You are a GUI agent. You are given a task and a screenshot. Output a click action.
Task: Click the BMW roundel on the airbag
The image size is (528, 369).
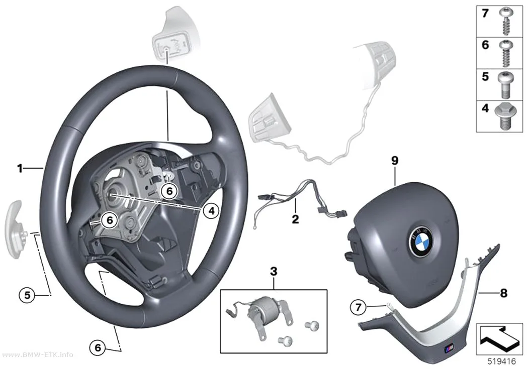pyautogui.click(x=420, y=240)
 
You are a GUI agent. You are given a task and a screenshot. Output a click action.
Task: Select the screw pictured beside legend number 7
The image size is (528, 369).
pyautogui.click(x=504, y=22)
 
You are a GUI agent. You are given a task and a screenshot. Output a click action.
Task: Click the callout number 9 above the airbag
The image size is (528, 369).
pyautogui.click(x=395, y=161)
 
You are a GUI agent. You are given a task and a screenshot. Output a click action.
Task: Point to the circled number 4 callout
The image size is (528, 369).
pyautogui.click(x=211, y=211)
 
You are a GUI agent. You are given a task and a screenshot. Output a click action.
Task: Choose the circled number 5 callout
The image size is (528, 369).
pyautogui.click(x=27, y=295)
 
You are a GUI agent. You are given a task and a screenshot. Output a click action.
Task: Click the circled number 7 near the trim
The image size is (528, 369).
pyautogui.click(x=358, y=307)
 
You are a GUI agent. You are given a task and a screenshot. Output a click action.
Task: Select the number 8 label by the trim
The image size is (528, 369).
pyautogui.click(x=503, y=293)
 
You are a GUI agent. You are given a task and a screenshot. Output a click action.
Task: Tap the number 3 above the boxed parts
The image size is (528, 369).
pyautogui.click(x=274, y=271)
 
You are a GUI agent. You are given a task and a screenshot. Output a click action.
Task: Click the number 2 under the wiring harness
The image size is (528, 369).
pyautogui.click(x=295, y=219)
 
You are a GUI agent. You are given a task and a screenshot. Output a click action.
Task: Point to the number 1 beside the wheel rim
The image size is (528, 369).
pyautogui.click(x=20, y=168)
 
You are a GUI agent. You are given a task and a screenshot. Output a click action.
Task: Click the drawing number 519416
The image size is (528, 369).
pyautogui.click(x=502, y=361)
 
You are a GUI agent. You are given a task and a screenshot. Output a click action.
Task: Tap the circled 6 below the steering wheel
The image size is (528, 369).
pyautogui.click(x=98, y=347)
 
